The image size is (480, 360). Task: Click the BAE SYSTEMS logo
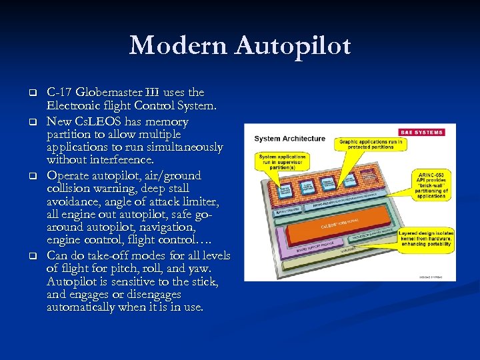tap(423, 131)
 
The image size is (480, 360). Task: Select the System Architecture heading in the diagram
tap(289, 139)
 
